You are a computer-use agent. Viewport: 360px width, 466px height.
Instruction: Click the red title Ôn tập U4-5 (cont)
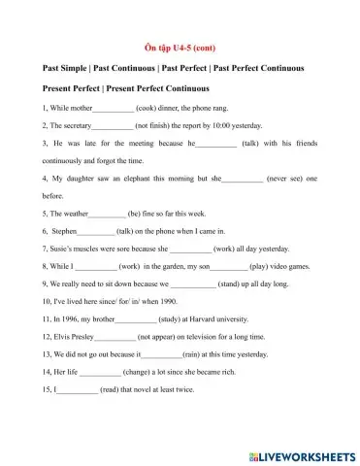click(180, 46)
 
